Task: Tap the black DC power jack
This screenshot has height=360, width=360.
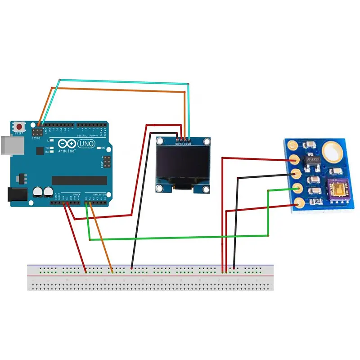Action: click(x=16, y=194)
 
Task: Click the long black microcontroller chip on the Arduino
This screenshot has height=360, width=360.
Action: click(x=79, y=180)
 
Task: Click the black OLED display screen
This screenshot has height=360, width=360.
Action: click(x=183, y=164)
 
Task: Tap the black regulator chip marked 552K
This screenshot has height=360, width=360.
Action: click(x=313, y=160)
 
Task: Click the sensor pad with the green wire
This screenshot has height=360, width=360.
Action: click(x=296, y=189)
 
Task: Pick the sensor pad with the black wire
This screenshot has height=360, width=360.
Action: click(x=296, y=174)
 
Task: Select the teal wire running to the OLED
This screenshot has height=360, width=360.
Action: click(x=121, y=82)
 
